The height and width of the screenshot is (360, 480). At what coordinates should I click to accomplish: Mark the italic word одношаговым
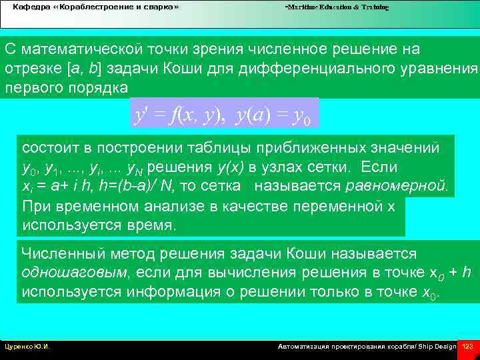point(64,273)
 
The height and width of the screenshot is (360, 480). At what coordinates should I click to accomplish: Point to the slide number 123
point(467,347)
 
